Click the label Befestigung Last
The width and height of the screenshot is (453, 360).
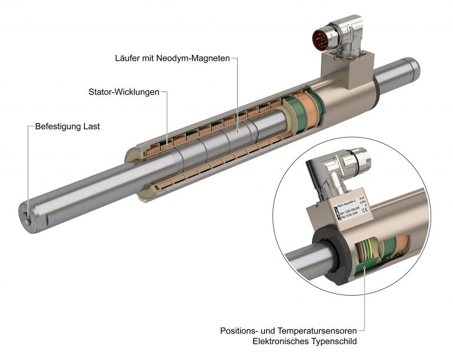[x=67, y=126]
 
